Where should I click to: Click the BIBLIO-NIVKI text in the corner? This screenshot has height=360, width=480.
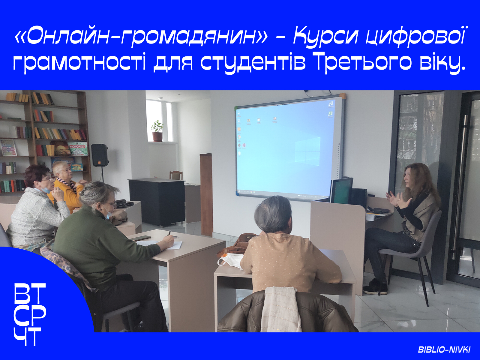(444, 349)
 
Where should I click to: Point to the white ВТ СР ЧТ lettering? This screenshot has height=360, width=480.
(30, 314)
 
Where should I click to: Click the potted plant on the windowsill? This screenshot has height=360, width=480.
(157, 131)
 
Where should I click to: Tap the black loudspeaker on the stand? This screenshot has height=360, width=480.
(100, 155)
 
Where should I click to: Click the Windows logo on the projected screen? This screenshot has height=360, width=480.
(308, 150)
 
